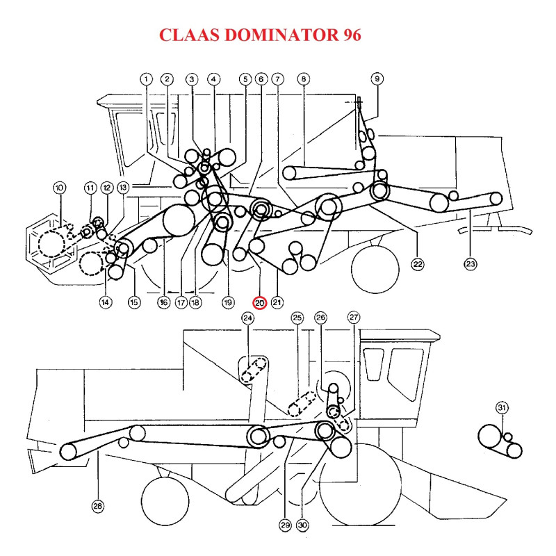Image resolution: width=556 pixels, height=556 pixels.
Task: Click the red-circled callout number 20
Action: pos(259,302)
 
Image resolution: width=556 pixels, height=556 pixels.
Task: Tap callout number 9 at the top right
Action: pos(377,79)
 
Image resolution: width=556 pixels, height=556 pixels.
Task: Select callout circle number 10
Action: pos(59,187)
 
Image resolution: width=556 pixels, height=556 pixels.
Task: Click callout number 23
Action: pos(471,263)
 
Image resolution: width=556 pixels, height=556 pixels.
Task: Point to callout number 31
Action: pos(502,408)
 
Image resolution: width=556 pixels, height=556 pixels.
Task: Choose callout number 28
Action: pos(97,507)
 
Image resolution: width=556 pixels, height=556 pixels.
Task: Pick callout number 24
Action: pos(248,318)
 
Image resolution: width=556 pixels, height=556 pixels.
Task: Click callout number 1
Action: pos(146,79)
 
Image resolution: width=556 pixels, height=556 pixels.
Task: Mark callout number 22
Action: pos(417,263)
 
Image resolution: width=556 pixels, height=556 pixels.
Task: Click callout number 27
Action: pos(354,318)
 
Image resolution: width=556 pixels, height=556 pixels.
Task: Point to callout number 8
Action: pos(303,79)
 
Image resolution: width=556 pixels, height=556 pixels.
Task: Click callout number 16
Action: pos(164,302)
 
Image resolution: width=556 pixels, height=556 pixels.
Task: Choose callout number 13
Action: pos(123,187)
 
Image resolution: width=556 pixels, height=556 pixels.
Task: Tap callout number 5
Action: pos(245,79)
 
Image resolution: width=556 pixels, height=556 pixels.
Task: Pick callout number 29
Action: pos(284,525)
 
